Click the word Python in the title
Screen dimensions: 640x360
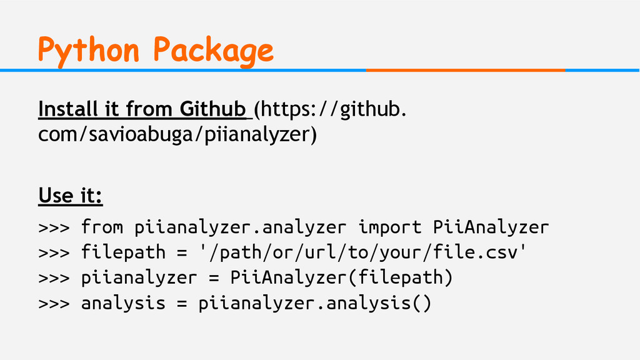[88, 49]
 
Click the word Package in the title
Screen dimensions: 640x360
[213, 49]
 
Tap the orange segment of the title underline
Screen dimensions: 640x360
[465, 70]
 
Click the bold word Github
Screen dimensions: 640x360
[212, 109]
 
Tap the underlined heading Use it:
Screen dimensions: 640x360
[71, 196]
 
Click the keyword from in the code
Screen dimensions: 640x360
[102, 227]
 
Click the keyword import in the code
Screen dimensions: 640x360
[390, 227]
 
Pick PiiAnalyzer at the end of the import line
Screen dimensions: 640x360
[491, 227]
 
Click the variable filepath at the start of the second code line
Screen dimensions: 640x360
[123, 252]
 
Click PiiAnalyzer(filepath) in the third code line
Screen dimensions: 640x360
[341, 277]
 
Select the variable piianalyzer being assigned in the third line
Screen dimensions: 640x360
[139, 277]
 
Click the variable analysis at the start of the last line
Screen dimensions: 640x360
[123, 303]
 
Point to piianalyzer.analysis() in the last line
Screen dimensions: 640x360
[315, 303]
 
